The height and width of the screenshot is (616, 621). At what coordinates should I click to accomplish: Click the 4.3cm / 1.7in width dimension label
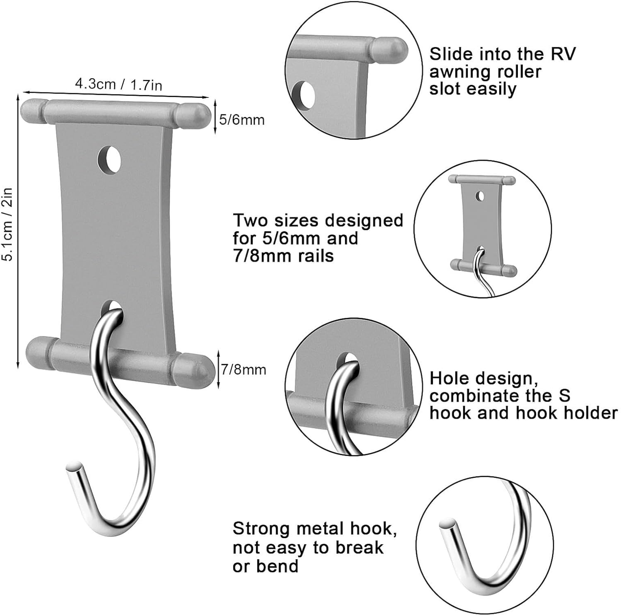(118, 85)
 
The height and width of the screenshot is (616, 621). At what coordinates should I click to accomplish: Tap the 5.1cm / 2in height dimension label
(7, 224)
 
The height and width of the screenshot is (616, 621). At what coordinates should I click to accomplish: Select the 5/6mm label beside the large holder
(242, 120)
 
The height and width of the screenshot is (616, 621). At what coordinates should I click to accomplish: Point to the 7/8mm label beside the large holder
(243, 370)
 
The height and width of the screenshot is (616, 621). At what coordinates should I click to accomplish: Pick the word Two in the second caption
(248, 220)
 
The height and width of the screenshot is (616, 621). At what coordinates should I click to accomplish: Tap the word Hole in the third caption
(448, 379)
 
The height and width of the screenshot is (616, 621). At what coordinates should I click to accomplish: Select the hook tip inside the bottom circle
(447, 524)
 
